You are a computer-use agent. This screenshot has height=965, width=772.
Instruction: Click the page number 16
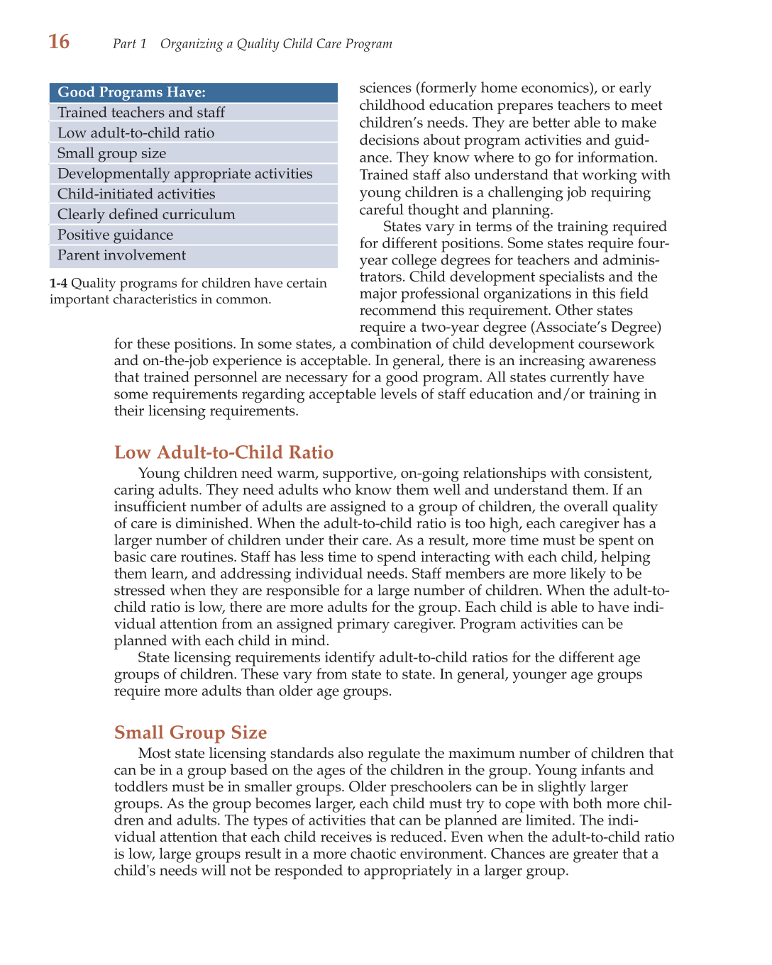click(x=59, y=42)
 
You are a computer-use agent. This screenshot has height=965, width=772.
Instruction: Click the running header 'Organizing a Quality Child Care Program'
click(x=276, y=44)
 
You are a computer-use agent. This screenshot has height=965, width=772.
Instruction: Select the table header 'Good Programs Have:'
click(x=132, y=92)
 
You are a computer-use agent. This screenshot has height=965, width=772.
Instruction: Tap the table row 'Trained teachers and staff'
click(x=141, y=113)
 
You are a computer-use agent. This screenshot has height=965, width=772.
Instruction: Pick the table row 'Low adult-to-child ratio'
click(x=136, y=133)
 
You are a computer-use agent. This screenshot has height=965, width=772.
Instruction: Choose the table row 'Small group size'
click(x=111, y=154)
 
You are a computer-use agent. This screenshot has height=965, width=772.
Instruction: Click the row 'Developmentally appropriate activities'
click(x=184, y=174)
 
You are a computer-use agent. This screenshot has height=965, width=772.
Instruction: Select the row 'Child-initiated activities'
click(x=136, y=194)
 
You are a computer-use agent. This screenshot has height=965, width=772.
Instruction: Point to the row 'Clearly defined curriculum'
click(x=146, y=215)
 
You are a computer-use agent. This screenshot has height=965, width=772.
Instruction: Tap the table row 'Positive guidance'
click(x=115, y=235)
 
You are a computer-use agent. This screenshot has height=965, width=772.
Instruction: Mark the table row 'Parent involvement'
click(x=121, y=255)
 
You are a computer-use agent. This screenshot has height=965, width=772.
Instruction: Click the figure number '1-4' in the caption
click(x=58, y=284)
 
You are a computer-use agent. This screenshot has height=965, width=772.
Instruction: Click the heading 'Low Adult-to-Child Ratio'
click(x=224, y=452)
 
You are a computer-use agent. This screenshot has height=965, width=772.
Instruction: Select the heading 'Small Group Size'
click(x=190, y=732)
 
